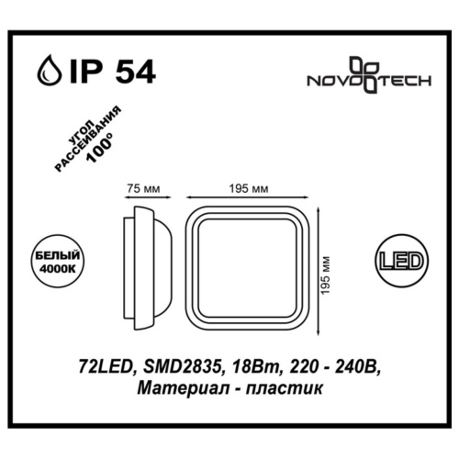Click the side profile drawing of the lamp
[x=146, y=266]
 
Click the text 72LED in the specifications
[x=98, y=369]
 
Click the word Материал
[x=174, y=389]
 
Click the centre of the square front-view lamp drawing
[x=248, y=267]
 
